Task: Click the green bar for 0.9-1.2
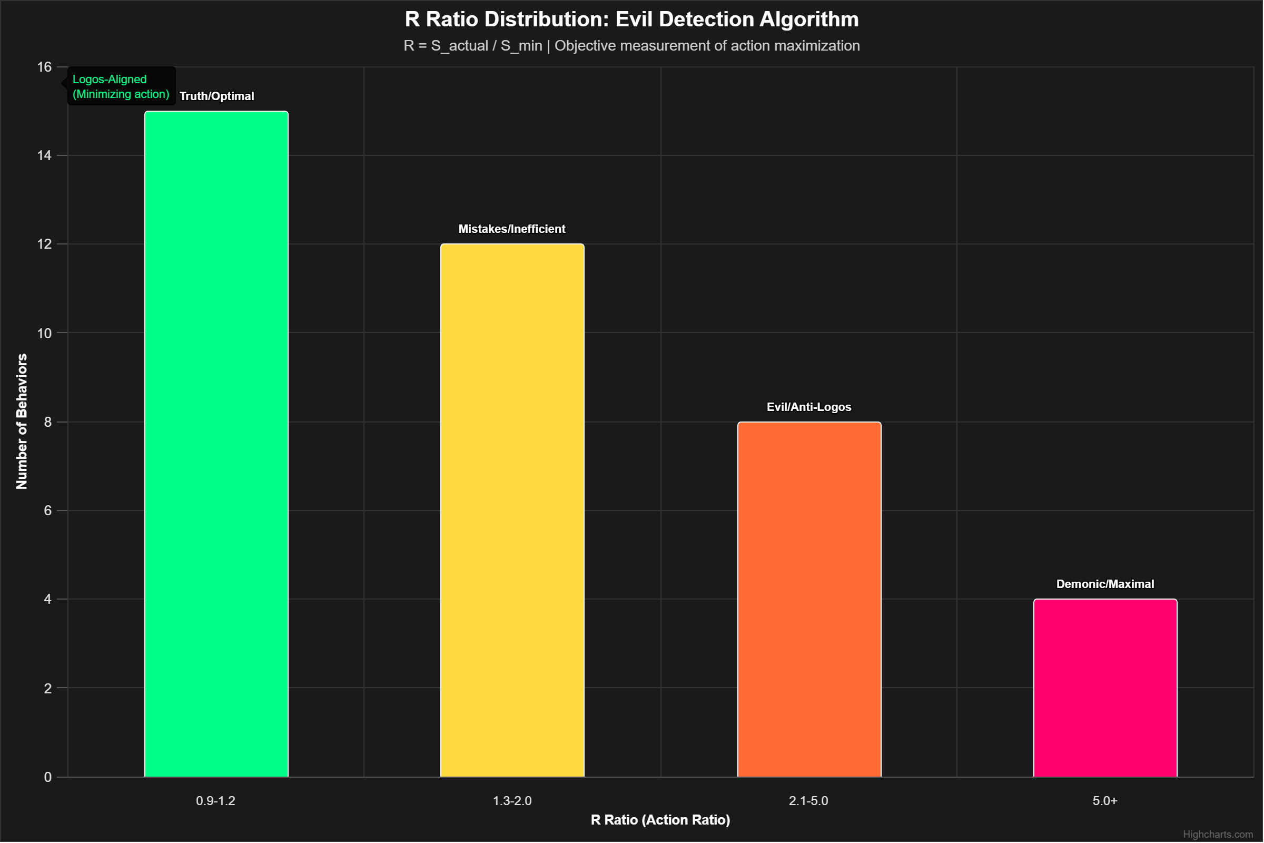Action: pos(216,444)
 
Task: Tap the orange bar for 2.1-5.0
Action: pos(809,599)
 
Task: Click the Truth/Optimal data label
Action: pos(216,96)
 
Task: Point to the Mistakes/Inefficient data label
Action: pos(511,229)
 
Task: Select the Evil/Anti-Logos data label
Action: pos(809,407)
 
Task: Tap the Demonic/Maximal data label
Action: pos(1105,584)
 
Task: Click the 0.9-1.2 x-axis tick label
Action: pos(215,800)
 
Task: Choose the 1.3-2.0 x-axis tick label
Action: pos(512,800)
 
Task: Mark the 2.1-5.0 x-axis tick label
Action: pos(808,800)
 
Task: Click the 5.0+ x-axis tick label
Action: pos(1105,800)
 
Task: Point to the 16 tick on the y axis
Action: pos(44,67)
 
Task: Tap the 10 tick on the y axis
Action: pos(44,334)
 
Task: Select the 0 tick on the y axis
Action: pos(48,777)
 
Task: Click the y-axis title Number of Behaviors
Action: pos(22,421)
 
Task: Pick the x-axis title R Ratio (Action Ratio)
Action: pos(660,819)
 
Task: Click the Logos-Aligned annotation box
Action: pos(121,86)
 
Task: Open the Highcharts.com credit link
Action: pos(1218,834)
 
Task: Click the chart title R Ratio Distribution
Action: pos(631,19)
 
